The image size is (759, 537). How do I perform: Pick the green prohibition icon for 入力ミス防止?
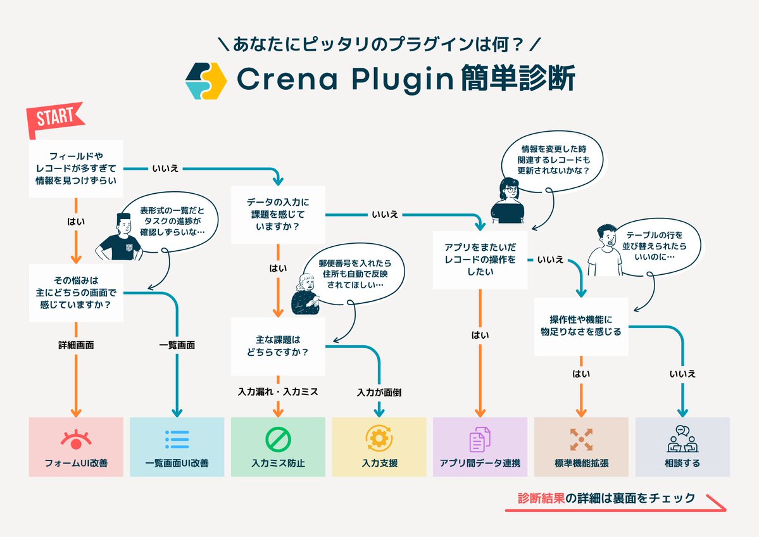(278, 438)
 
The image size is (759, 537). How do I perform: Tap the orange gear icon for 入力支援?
(379, 438)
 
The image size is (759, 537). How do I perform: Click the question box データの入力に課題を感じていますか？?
(278, 215)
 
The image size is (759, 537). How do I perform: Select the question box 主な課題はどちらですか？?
(278, 346)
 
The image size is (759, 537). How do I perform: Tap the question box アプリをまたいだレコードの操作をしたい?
(480, 260)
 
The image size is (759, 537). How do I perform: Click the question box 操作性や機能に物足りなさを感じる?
(581, 325)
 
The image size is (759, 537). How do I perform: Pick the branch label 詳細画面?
(76, 345)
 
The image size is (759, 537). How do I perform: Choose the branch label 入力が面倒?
(379, 392)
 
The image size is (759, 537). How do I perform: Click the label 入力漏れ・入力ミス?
(278, 392)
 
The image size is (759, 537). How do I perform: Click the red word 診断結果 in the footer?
(540, 498)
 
